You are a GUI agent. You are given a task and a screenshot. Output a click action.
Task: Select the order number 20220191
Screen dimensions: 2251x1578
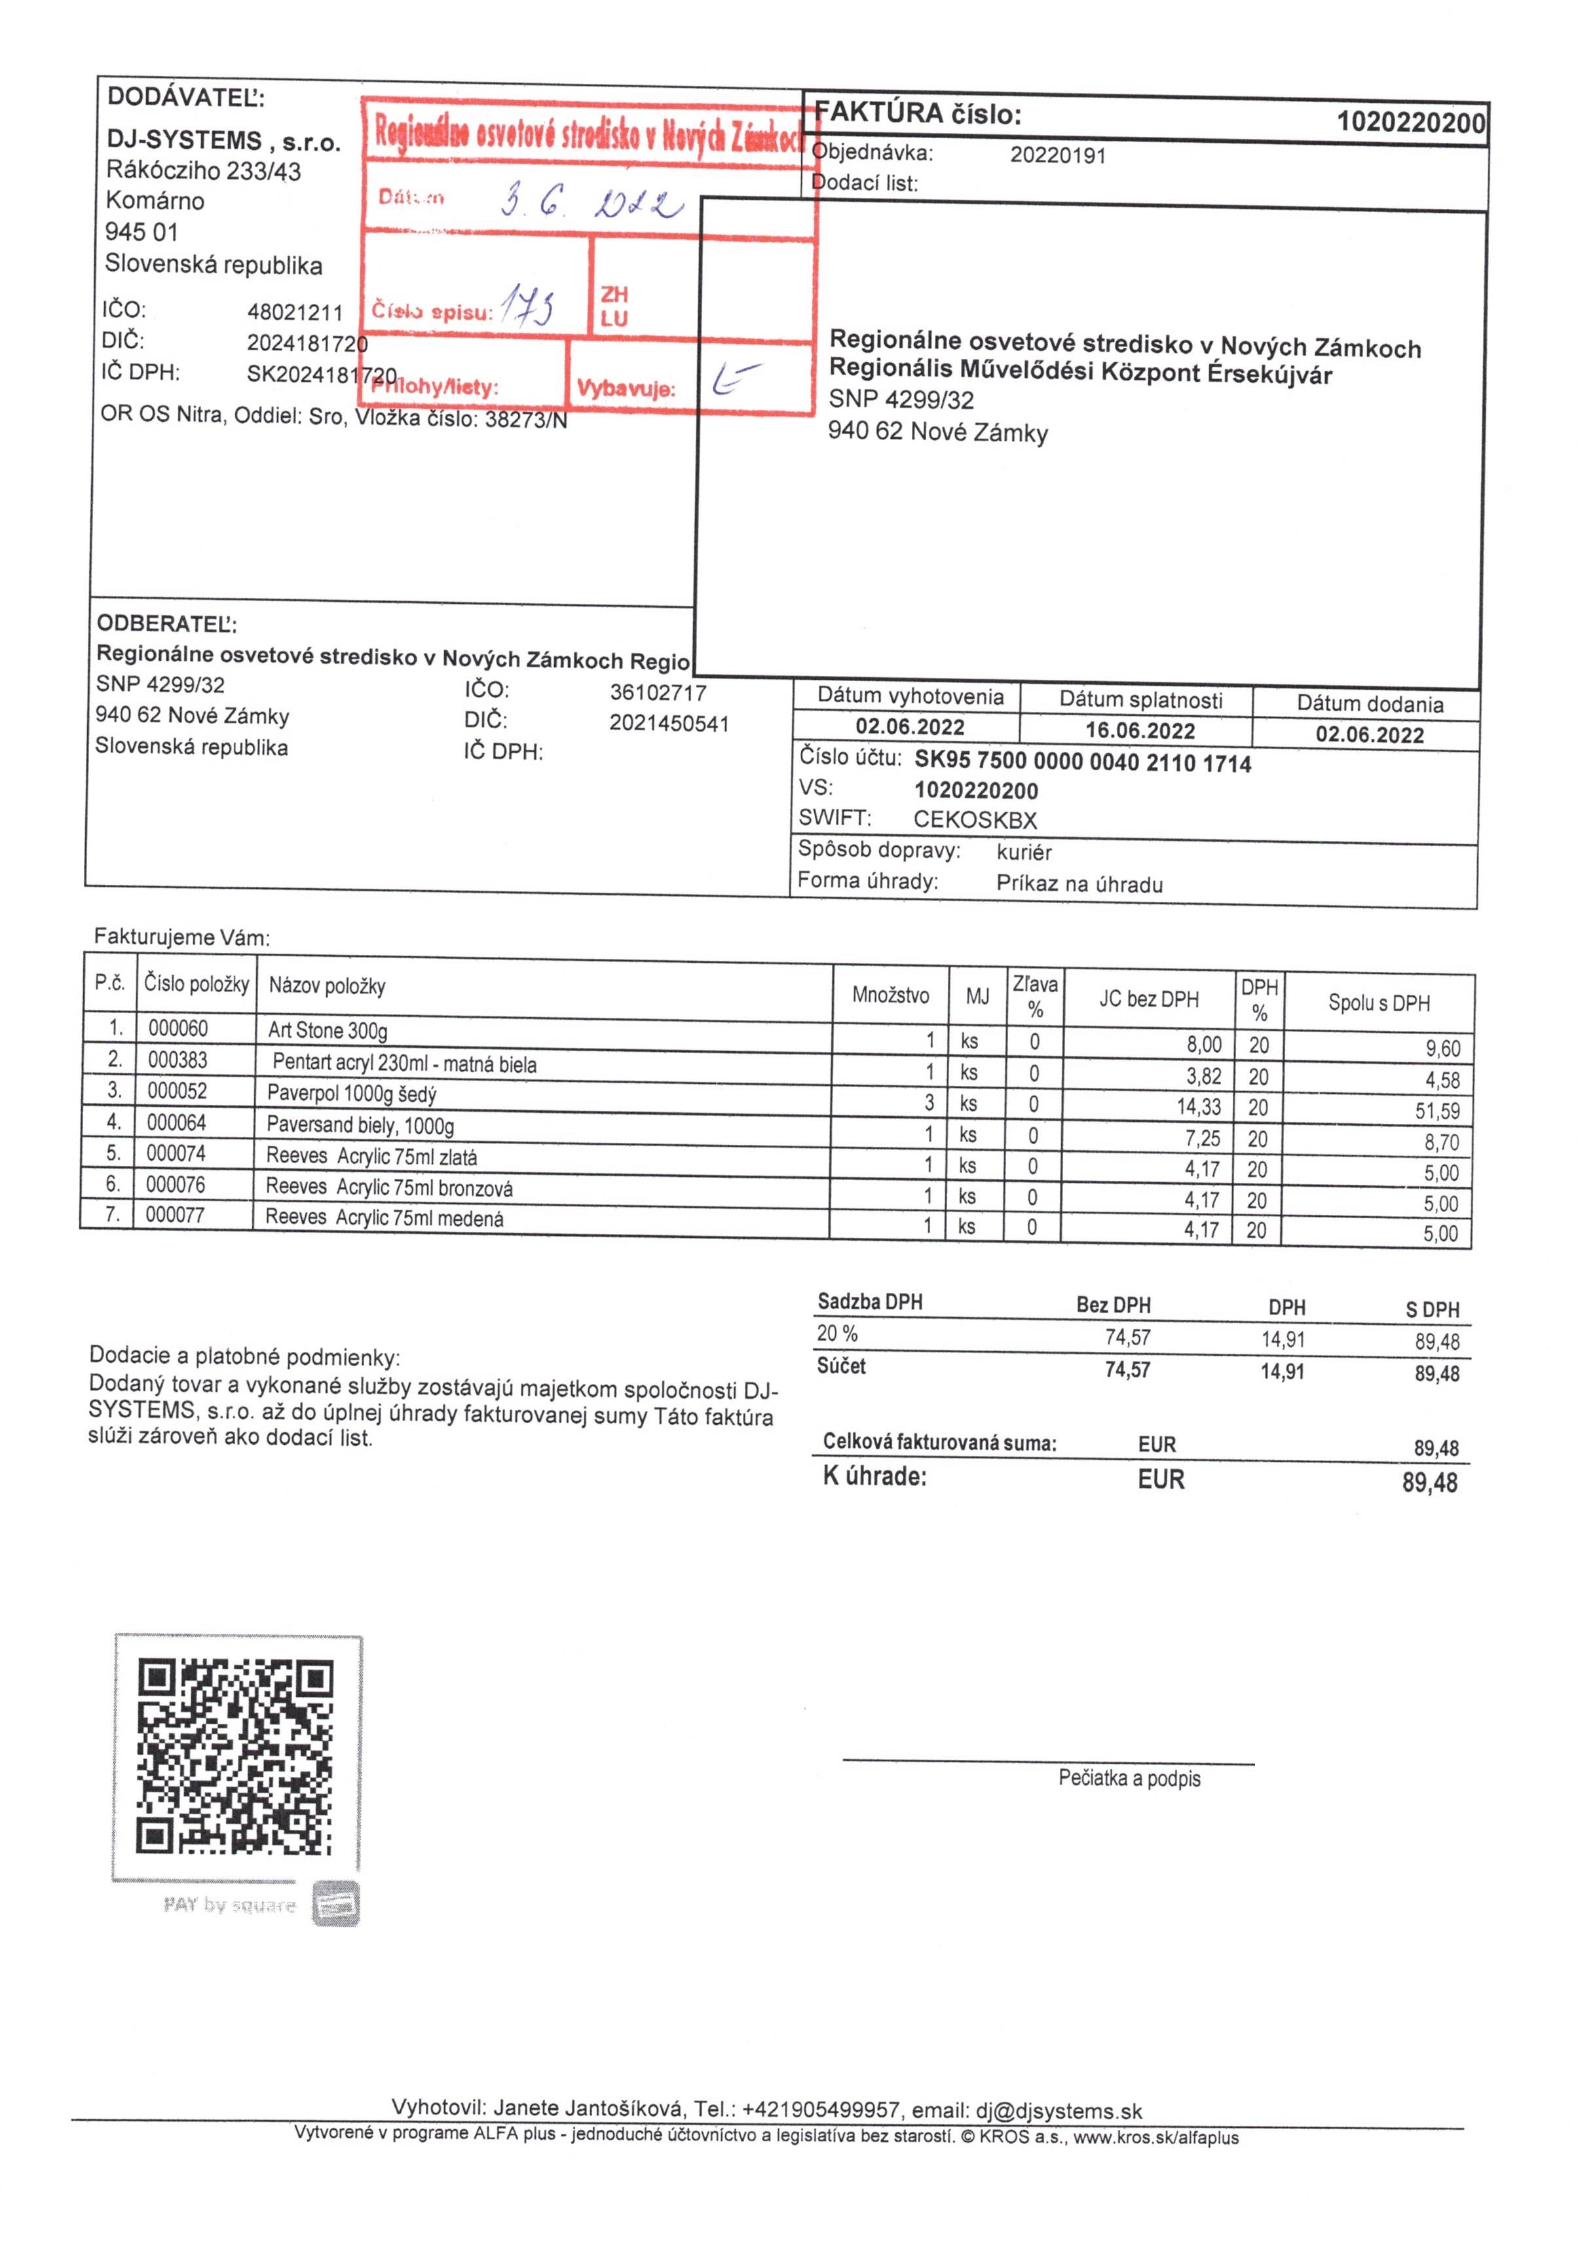coord(1057,155)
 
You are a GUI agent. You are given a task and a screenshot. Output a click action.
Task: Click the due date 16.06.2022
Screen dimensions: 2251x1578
coord(1140,730)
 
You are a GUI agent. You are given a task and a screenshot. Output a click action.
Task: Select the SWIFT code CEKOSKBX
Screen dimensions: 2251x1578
coord(975,819)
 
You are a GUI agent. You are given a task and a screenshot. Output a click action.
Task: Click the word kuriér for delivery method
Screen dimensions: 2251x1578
coord(1024,852)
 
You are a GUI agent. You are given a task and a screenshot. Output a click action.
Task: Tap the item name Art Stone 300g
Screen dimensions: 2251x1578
coord(328,1030)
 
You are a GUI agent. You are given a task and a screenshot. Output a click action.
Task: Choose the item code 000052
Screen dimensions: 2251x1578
coord(176,1091)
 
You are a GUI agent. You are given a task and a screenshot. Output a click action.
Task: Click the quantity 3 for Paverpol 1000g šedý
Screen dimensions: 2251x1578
coord(929,1103)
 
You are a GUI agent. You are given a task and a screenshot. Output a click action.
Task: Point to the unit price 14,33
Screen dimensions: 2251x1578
coord(1199,1107)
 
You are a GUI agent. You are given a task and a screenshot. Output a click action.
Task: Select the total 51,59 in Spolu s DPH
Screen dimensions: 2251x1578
coord(1437,1111)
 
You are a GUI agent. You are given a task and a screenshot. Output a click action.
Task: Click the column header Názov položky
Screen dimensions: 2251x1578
coord(327,986)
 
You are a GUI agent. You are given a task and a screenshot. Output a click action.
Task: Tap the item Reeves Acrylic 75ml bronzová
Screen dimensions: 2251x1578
coord(388,1188)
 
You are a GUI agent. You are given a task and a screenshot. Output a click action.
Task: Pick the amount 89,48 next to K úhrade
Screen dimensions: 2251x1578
coord(1429,1482)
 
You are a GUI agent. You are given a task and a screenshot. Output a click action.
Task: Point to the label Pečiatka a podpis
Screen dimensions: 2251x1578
coord(1129,1778)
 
